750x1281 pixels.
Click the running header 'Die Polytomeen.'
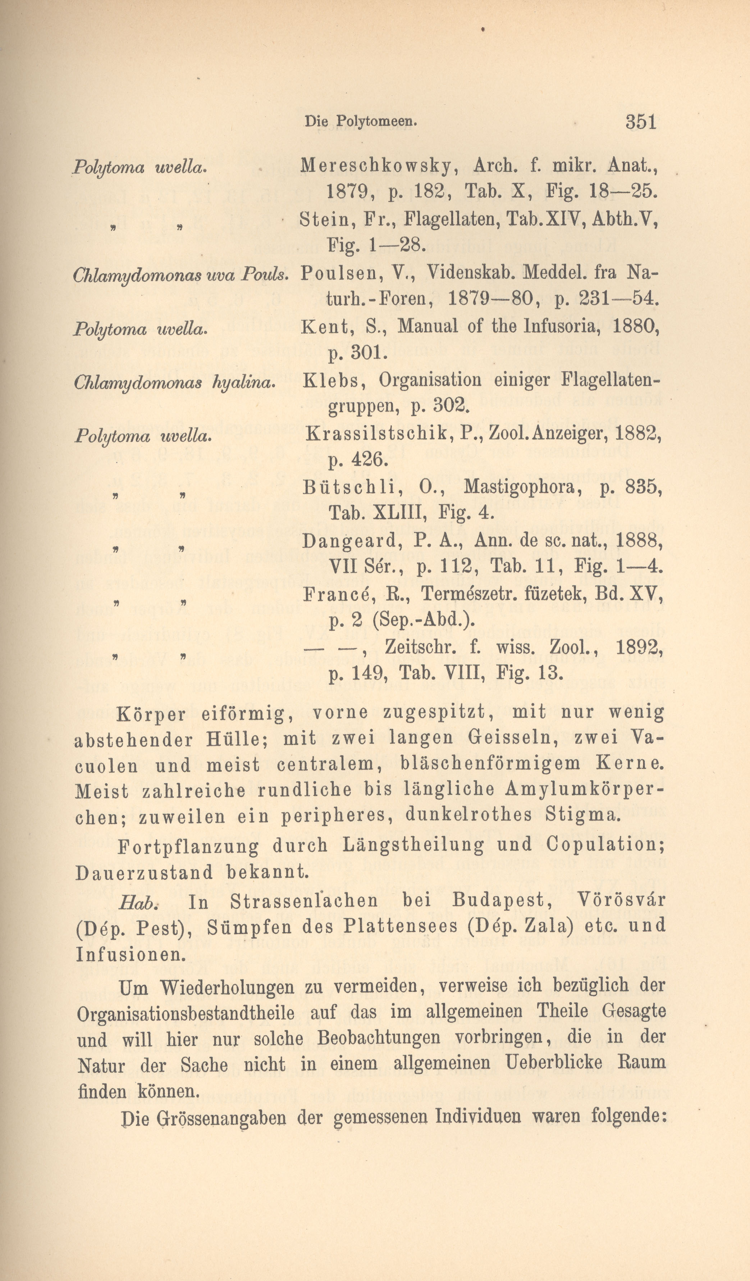click(x=360, y=122)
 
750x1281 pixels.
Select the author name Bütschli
click(x=353, y=487)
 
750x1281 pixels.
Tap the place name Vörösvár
click(x=621, y=900)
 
